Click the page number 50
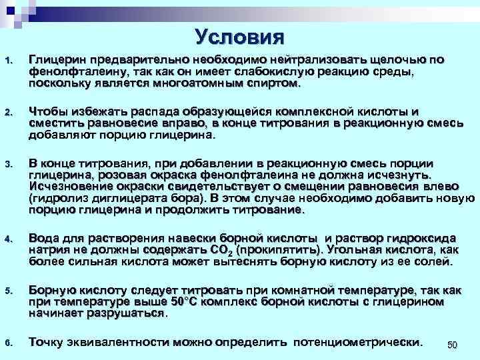pyautogui.click(x=451, y=345)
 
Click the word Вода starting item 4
pyautogui.click(x=42, y=238)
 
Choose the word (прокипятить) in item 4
pyautogui.click(x=279, y=250)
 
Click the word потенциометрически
pyautogui.click(x=358, y=343)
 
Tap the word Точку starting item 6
pyautogui.click(x=46, y=343)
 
